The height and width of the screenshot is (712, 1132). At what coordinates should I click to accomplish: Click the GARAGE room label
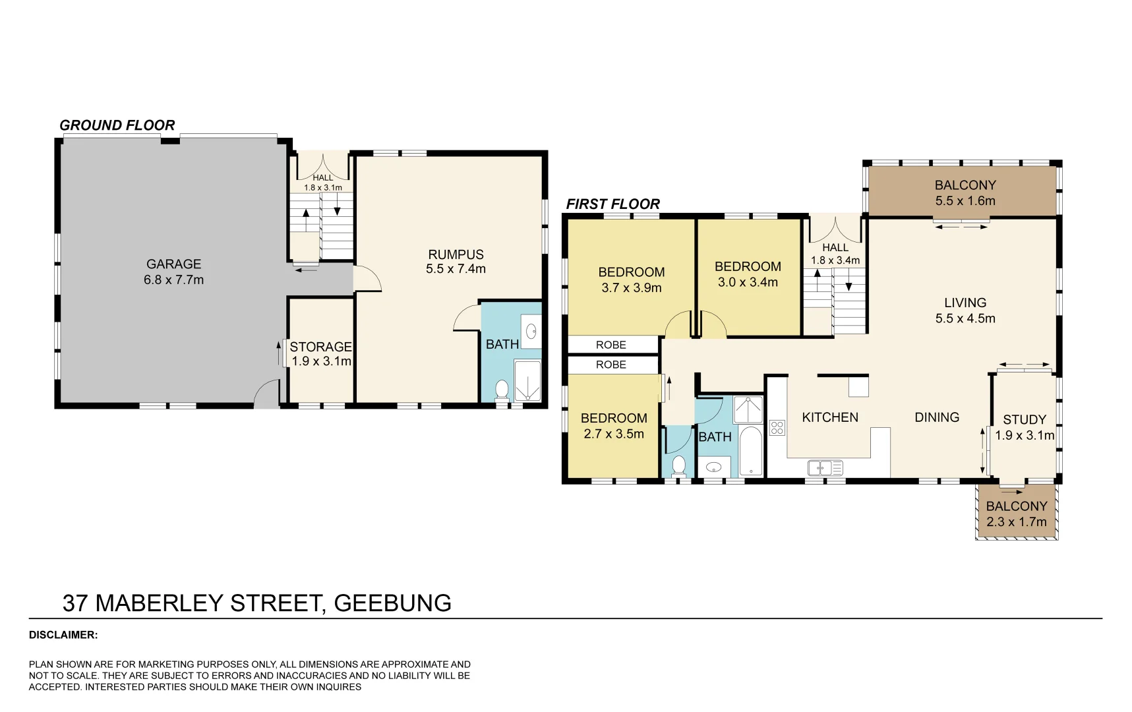[x=173, y=264]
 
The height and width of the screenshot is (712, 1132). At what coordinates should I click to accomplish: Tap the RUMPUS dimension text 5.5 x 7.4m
[x=456, y=269]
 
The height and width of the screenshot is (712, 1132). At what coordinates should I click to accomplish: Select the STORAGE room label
[x=320, y=347]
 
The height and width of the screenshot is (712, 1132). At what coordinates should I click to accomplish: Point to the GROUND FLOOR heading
[x=117, y=125]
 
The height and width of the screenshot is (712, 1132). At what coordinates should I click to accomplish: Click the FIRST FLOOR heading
[x=612, y=204]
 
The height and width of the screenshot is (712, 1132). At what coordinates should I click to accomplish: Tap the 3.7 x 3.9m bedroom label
[x=631, y=280]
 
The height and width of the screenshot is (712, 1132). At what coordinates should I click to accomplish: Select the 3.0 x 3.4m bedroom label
[x=748, y=274]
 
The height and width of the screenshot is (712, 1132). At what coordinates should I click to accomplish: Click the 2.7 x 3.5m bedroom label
[x=613, y=426]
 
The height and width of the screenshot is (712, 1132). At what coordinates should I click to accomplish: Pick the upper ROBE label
[x=611, y=345]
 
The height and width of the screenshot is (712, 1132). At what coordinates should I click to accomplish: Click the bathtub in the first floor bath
[x=751, y=452]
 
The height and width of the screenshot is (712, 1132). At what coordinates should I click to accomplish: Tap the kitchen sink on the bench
[x=825, y=468]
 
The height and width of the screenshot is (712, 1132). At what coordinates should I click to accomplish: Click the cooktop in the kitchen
[x=777, y=428]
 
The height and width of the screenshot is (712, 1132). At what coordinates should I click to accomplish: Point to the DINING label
[x=936, y=417]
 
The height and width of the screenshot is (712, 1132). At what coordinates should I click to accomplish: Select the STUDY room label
[x=1024, y=420]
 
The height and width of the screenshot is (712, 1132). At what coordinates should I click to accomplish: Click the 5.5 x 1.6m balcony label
[x=965, y=193]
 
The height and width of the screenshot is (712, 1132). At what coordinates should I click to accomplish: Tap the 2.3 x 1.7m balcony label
[x=1016, y=514]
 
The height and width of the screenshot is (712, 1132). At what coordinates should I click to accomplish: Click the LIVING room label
[x=965, y=303]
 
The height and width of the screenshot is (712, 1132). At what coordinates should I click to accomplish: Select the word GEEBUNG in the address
[x=392, y=603]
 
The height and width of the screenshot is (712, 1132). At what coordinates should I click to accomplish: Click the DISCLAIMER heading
[x=63, y=636]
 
